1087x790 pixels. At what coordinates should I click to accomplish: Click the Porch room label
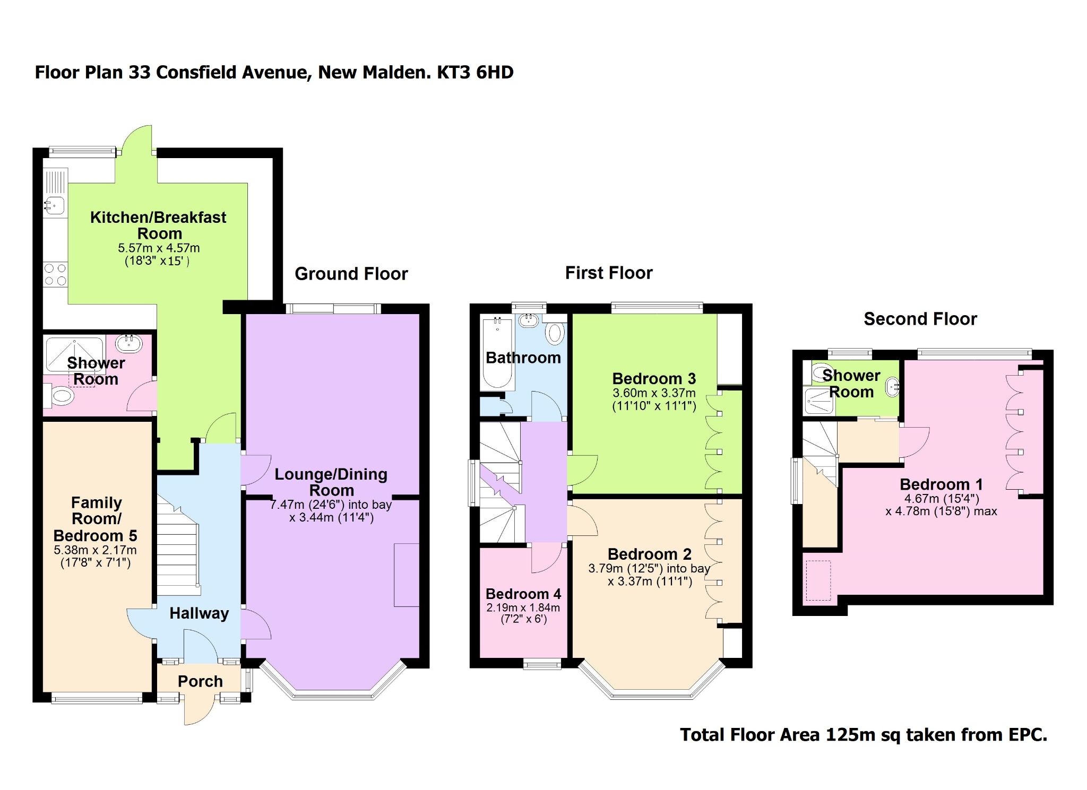point(200,681)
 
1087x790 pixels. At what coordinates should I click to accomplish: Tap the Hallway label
point(199,613)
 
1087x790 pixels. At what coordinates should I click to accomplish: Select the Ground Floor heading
point(351,274)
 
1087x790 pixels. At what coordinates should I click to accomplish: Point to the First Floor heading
point(608,273)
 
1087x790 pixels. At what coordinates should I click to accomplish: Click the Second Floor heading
point(920,319)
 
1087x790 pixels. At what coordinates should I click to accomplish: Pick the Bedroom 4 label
point(523,594)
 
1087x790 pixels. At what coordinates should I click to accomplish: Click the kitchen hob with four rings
point(55,275)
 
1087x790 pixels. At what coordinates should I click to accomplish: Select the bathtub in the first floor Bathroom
point(497,353)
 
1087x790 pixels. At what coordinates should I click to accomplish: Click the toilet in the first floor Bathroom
point(555,333)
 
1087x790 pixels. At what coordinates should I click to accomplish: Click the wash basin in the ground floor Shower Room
point(128,344)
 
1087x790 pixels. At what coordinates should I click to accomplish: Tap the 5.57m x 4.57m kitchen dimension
point(159,248)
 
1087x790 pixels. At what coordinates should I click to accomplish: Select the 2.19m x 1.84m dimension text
point(523,607)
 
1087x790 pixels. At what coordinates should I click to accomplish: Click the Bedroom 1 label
point(941,484)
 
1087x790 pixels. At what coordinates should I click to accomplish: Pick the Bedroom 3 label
point(653,379)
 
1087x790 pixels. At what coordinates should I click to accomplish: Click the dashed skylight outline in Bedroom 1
point(818,580)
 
